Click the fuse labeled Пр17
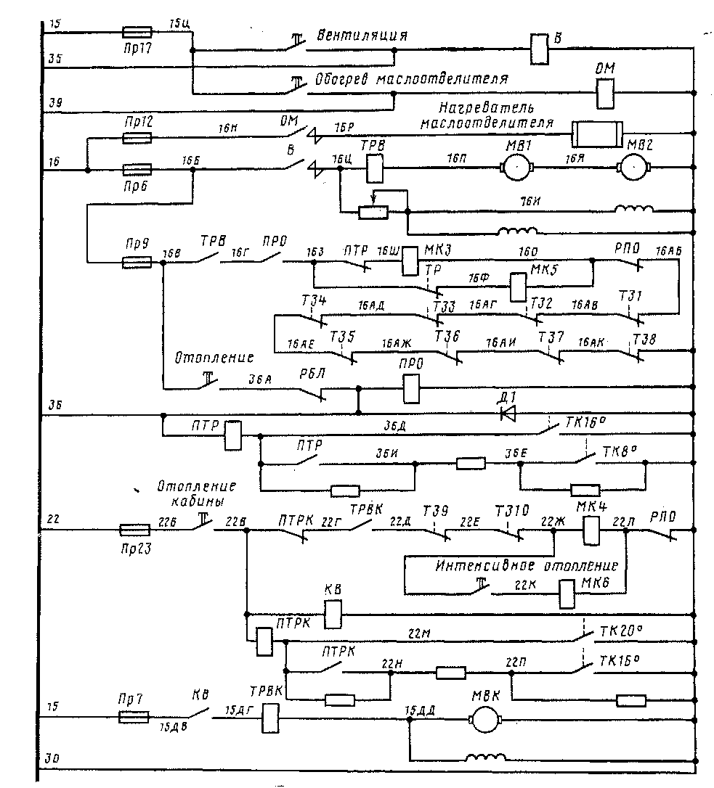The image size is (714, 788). click(137, 32)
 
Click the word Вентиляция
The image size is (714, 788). click(361, 36)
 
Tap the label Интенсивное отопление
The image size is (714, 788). click(527, 565)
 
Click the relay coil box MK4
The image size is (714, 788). click(591, 530)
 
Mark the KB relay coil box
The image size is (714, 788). click(332, 615)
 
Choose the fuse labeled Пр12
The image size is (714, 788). click(136, 136)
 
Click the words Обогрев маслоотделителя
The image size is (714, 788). click(411, 78)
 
